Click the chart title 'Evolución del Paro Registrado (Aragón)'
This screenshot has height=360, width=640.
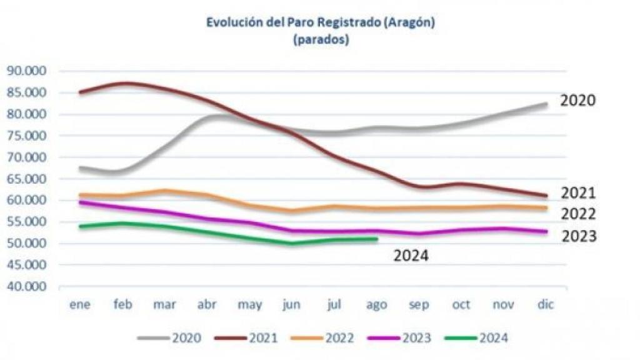(x=320, y=23)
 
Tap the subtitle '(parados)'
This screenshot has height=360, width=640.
(x=320, y=40)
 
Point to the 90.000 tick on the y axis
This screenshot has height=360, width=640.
(x=27, y=71)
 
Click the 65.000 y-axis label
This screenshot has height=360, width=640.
(x=27, y=179)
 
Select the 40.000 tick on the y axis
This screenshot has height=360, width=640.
(x=27, y=287)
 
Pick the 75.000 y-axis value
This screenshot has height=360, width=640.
(x=27, y=136)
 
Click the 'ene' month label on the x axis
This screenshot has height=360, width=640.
(x=79, y=304)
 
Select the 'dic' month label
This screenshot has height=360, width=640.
(x=546, y=304)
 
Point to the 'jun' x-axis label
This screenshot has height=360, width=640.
(x=291, y=304)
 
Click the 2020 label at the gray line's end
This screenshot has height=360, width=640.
(x=577, y=101)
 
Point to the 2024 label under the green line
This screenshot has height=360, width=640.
(x=411, y=255)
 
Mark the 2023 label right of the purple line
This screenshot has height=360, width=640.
(x=579, y=236)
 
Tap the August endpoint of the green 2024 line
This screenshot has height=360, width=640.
(x=376, y=239)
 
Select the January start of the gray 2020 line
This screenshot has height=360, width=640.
(x=80, y=167)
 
